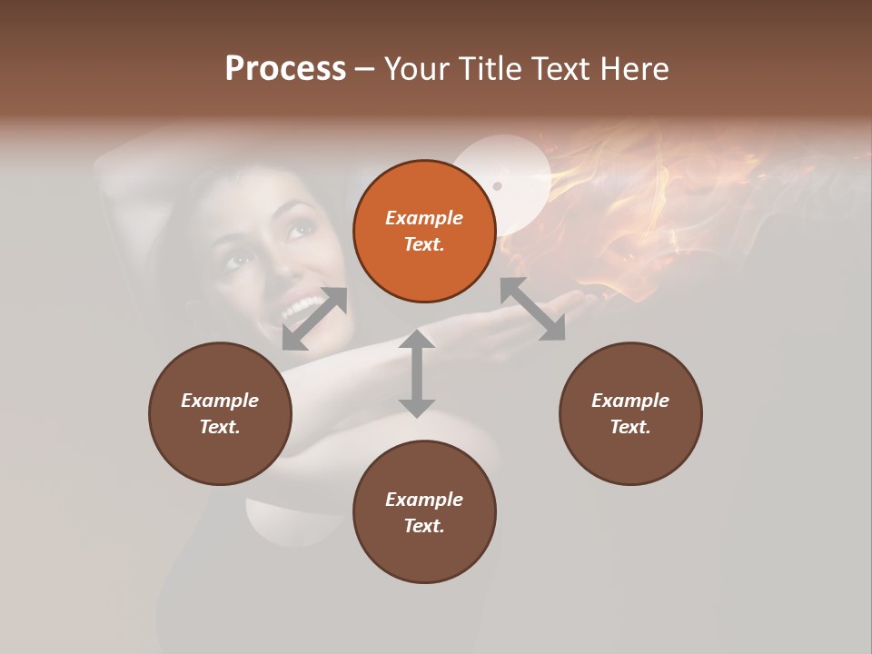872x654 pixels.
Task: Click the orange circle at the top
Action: point(424,232)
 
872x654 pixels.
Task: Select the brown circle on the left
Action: point(220,413)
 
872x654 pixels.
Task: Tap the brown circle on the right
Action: point(630,413)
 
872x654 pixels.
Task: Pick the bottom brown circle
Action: point(424,512)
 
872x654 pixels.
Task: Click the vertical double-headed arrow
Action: point(417,373)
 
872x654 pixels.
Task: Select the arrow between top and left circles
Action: point(314,318)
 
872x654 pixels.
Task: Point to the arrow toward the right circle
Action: point(533,309)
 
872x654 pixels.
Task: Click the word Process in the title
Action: point(285,69)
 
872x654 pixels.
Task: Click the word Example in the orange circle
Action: point(424,218)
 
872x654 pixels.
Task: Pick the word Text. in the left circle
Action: point(220,427)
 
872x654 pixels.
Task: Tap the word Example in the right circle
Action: point(630,401)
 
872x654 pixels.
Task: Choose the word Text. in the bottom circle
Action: point(424,526)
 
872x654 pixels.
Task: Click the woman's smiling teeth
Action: point(300,310)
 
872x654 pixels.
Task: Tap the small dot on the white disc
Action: point(497,186)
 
